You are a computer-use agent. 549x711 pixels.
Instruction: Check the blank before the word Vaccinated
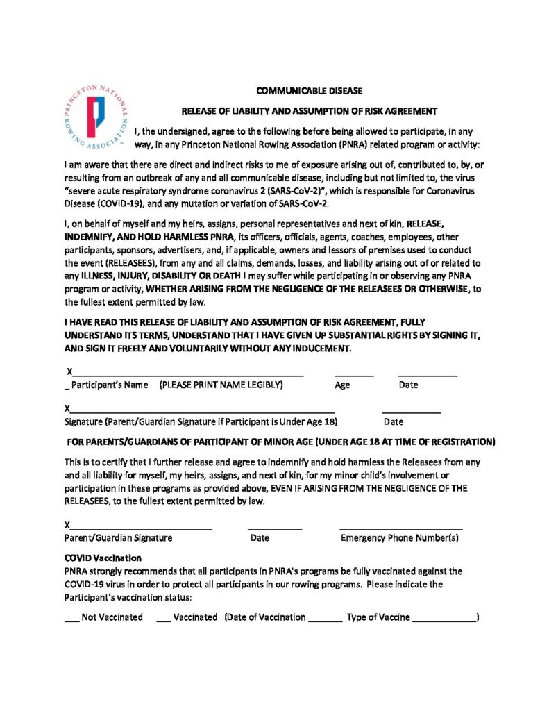pos(163,617)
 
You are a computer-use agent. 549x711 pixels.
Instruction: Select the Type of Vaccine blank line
pos(444,618)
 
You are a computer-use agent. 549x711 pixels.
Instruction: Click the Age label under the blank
pos(342,385)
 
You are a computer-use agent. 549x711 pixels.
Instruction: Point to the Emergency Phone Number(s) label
pos(400,537)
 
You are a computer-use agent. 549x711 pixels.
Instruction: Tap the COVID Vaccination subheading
pos(103,558)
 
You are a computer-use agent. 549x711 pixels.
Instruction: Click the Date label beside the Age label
pos(408,385)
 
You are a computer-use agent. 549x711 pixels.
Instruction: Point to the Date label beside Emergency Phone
pos(260,537)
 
